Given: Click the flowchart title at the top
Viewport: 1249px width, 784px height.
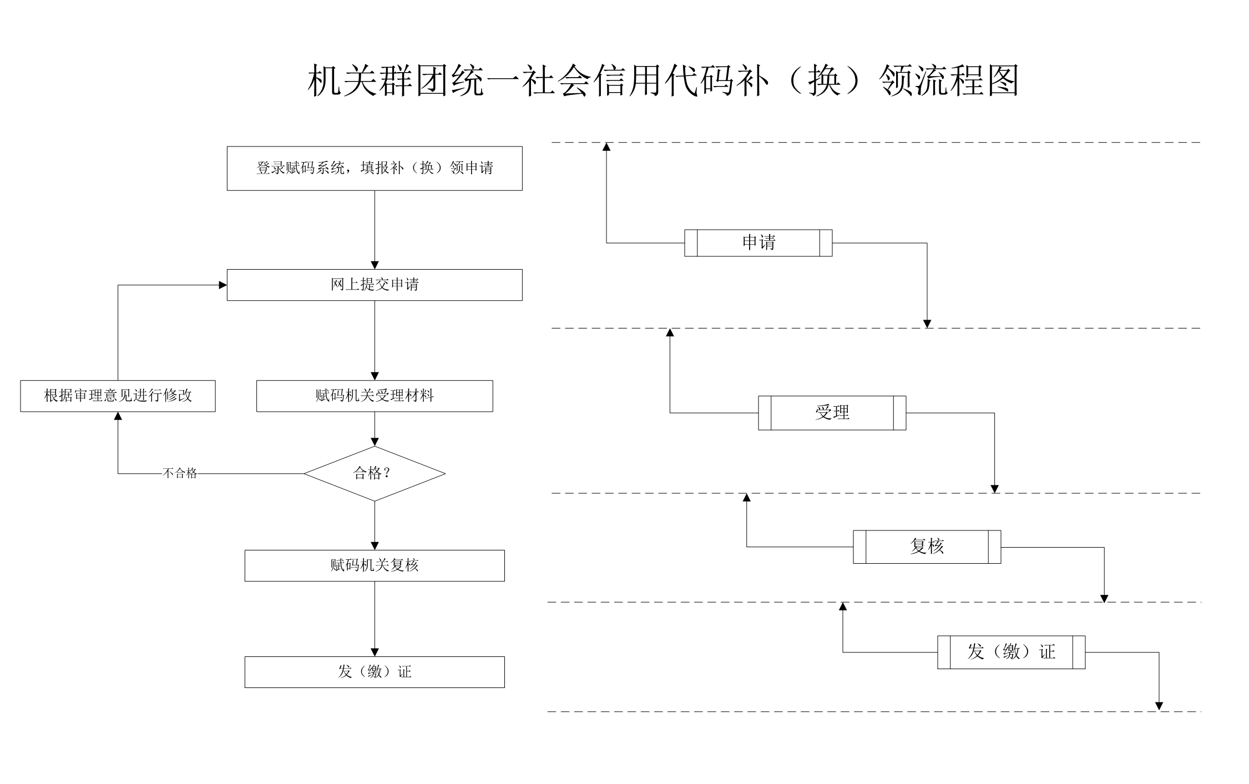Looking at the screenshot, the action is coord(663,81).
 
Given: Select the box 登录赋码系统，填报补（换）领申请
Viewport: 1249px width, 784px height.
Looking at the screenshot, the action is coord(375,168).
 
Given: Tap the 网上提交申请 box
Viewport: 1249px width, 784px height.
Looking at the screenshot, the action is coord(375,285).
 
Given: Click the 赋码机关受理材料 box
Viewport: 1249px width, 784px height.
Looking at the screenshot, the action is coord(375,396).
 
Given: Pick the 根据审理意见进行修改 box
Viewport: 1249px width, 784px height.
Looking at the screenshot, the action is coord(118,396).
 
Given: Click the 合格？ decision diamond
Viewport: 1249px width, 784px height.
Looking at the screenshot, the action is coord(375,473).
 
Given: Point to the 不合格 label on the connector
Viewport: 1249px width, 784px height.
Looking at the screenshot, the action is coord(180,473).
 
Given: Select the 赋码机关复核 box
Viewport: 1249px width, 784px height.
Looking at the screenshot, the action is coord(375,566).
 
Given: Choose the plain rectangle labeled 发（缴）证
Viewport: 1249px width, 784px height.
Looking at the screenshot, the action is coord(375,672).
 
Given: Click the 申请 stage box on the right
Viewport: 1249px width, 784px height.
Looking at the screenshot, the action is coord(758,243).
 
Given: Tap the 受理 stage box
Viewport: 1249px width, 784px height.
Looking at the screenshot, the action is coord(832,413).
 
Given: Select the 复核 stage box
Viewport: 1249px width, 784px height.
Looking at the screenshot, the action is coord(927,547).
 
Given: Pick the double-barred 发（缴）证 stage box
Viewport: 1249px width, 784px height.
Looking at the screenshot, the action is coord(1012,653).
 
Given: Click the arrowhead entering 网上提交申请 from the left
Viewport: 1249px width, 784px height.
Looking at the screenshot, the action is coord(223,285).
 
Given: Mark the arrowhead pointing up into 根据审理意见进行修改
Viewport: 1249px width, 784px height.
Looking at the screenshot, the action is coord(118,416).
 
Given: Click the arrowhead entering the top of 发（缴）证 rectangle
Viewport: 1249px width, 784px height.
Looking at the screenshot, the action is coord(375,653).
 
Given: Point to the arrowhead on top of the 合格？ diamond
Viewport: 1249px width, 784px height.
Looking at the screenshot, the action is coord(375,442).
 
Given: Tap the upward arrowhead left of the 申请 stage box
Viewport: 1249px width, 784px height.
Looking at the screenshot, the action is coord(606,147).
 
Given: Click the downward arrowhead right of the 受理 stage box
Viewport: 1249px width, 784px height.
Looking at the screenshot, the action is coord(995,489).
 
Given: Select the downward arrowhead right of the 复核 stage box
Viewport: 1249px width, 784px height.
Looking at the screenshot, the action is coord(1104,599).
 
